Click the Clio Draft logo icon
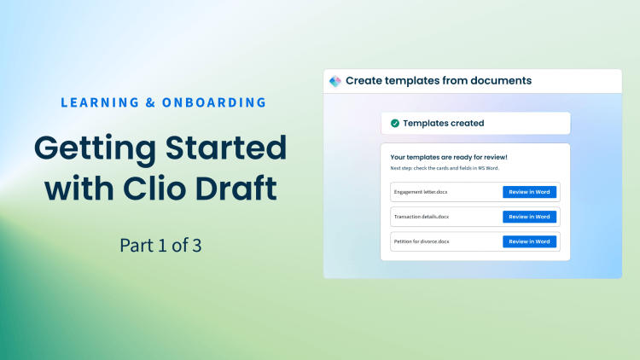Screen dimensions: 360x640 tap(335, 81)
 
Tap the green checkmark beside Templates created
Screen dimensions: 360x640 tap(394, 123)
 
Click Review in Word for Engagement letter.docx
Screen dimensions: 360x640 tap(529, 192)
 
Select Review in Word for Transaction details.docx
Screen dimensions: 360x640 tap(529, 217)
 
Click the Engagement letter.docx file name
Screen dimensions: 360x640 tap(421, 192)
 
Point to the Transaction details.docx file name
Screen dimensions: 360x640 tap(422, 217)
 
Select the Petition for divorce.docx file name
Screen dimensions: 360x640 tap(422, 241)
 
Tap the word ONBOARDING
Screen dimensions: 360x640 tap(218, 102)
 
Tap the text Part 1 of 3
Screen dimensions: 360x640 tap(161, 247)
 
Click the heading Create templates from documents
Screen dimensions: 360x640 tap(439, 81)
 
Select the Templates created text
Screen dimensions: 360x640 tap(443, 123)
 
